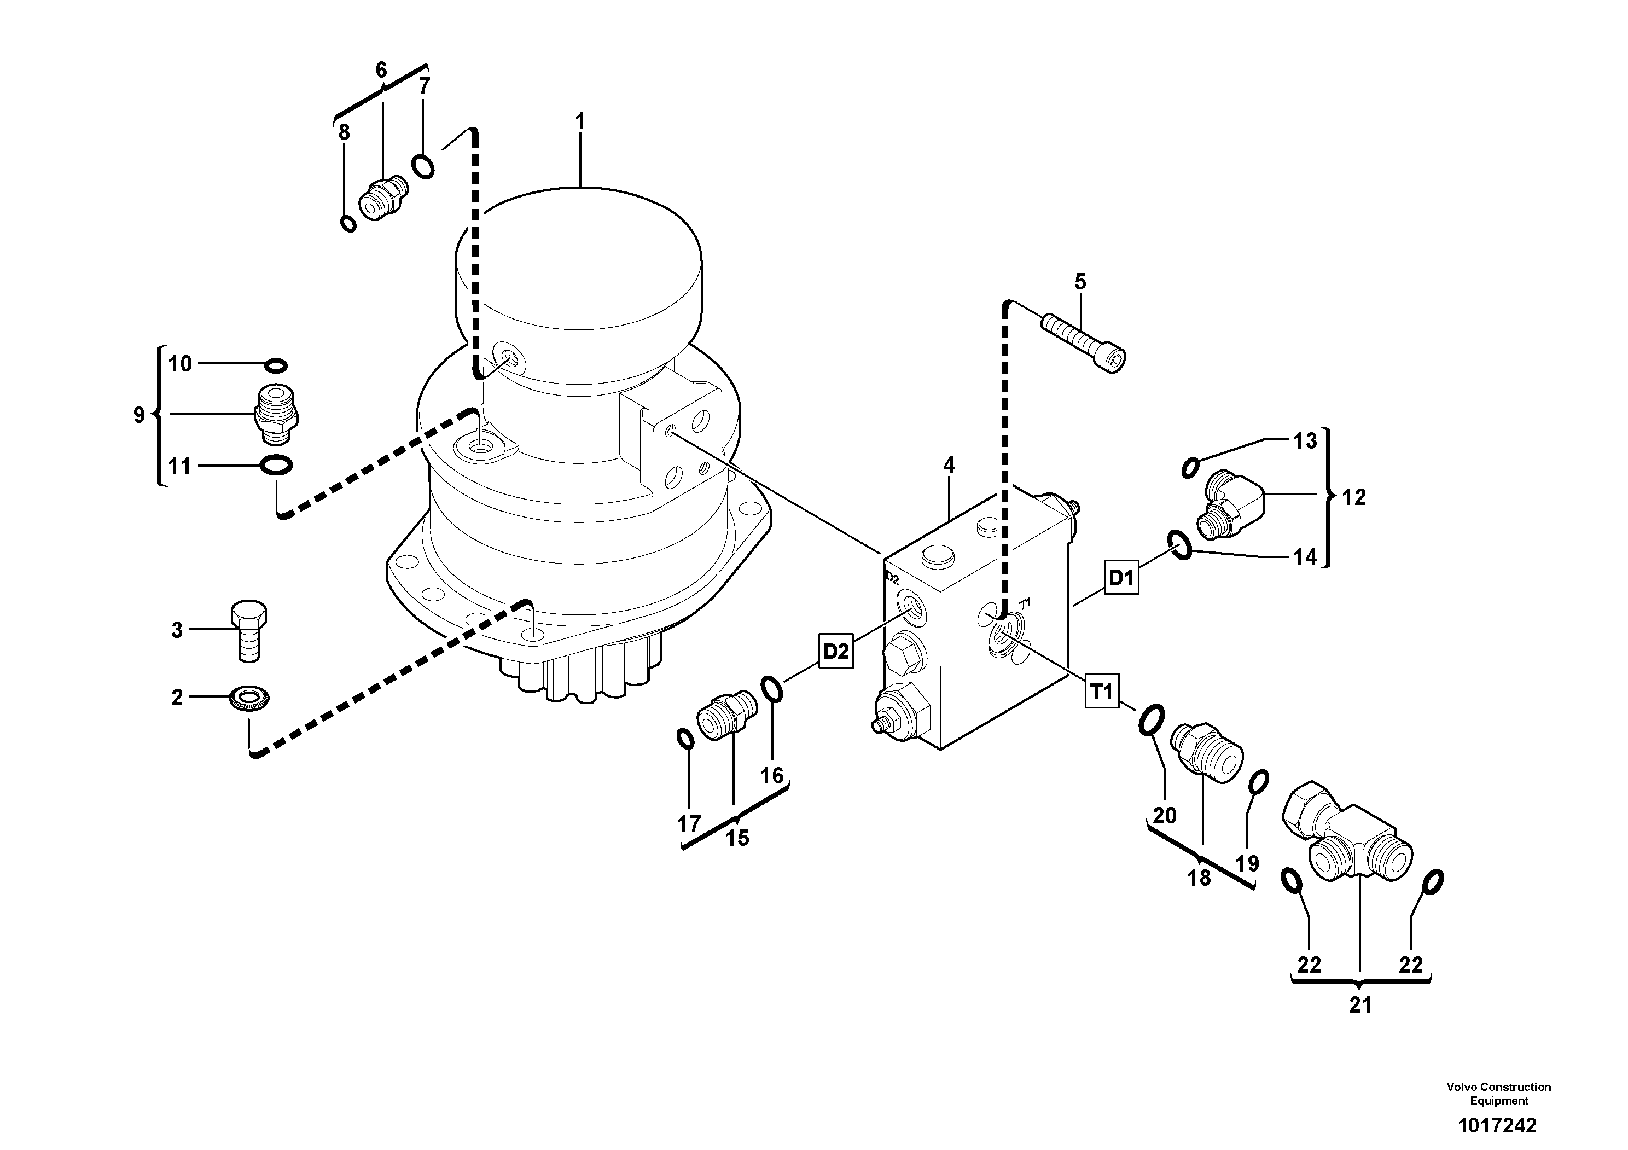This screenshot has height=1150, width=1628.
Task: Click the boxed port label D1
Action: [1121, 577]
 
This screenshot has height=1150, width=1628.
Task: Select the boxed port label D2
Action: [836, 651]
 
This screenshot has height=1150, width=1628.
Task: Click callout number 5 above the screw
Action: [1080, 281]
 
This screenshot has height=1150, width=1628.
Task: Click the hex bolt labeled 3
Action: [248, 631]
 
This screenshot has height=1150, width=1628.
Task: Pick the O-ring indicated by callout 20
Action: [1151, 721]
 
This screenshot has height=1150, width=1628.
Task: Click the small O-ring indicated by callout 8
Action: [348, 223]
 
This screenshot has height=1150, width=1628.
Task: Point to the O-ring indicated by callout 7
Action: [423, 167]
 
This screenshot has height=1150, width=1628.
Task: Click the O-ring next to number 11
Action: [276, 465]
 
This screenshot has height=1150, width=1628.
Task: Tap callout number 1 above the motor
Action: [580, 122]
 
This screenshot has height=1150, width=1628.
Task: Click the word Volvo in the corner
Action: [1463, 1087]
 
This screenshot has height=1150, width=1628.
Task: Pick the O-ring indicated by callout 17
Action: [685, 739]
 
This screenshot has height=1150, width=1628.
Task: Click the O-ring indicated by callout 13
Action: [1190, 467]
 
